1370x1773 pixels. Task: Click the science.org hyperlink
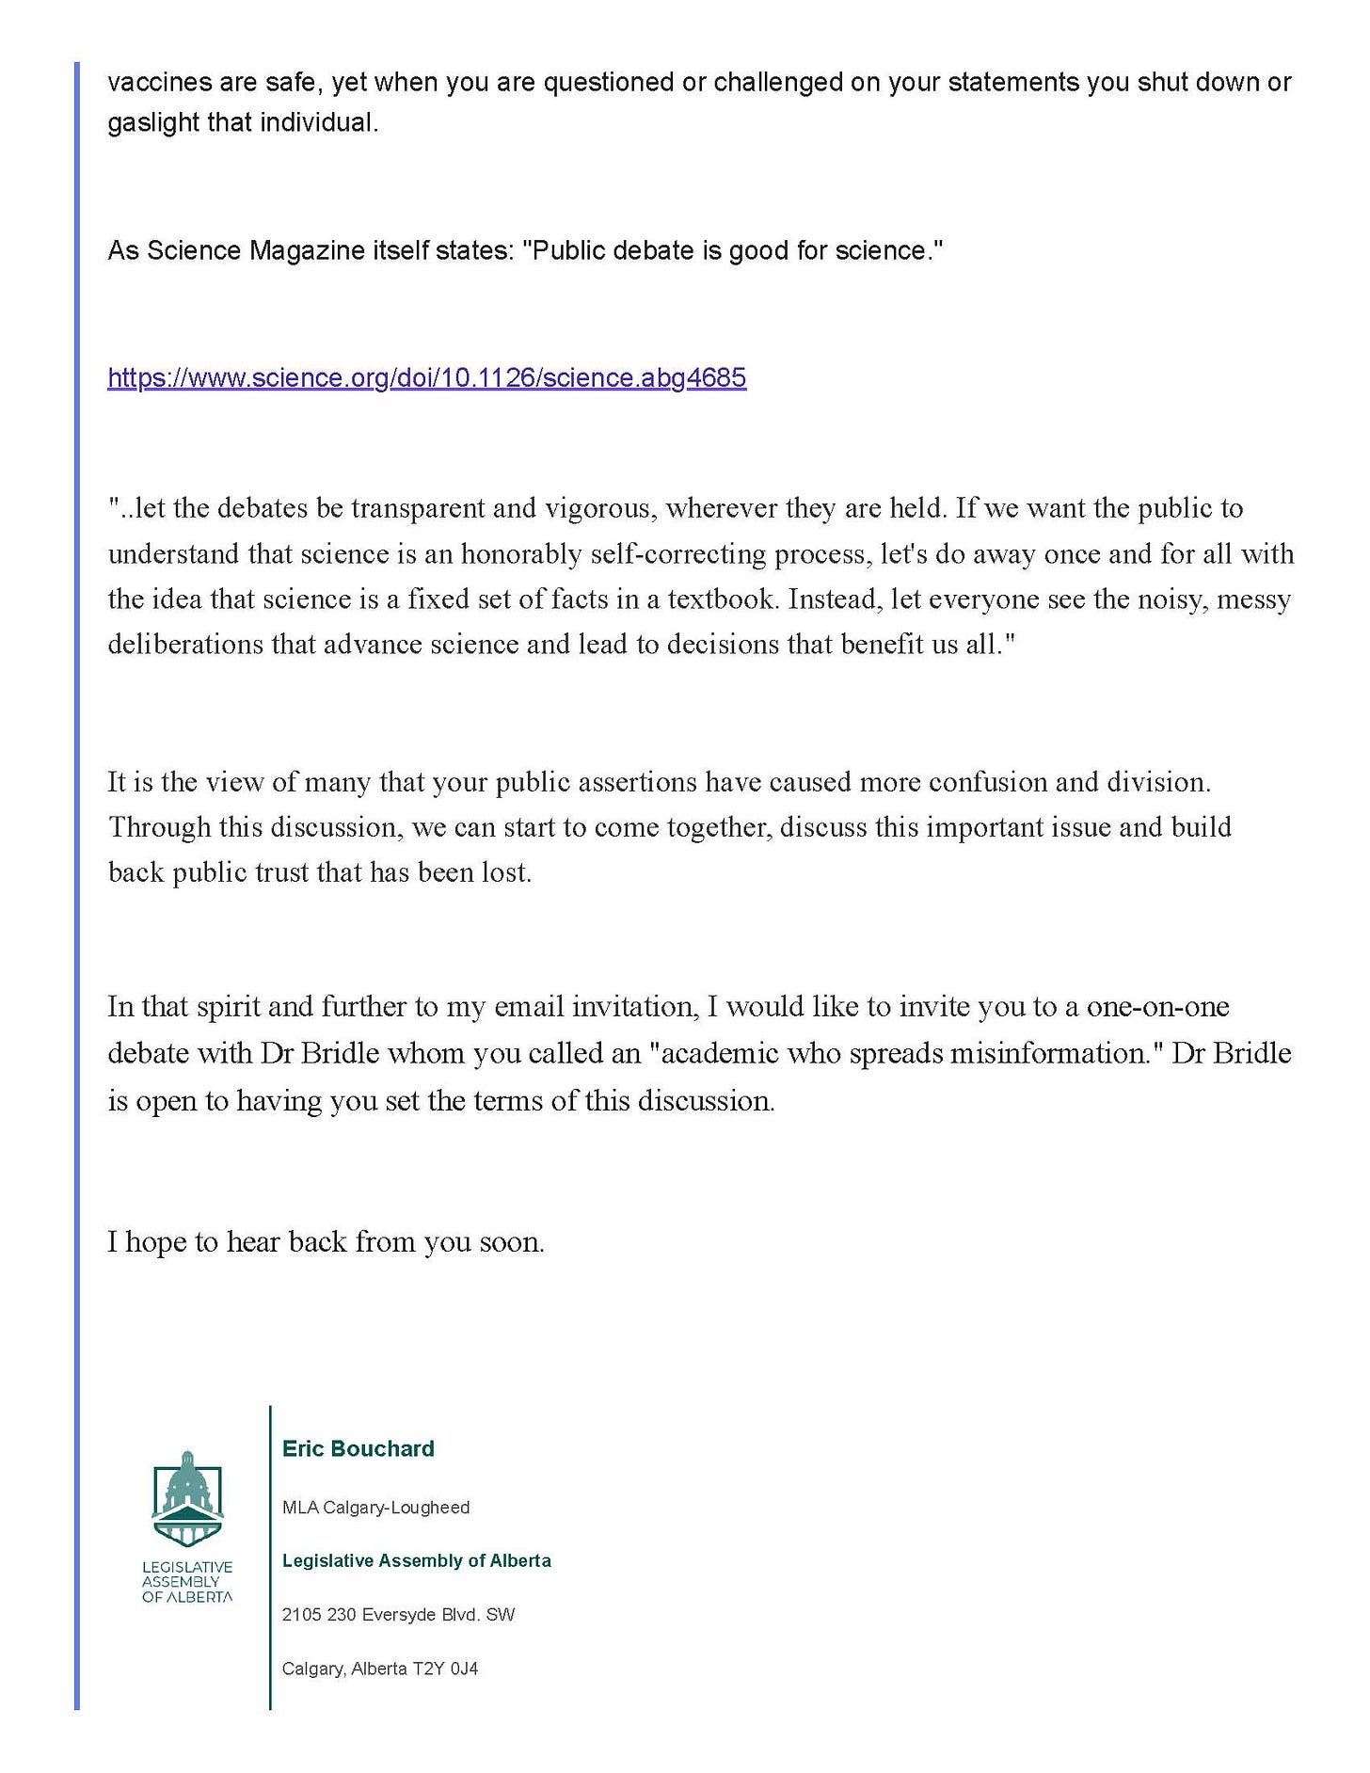pyautogui.click(x=426, y=378)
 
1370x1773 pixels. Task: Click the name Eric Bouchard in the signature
pyautogui.click(x=358, y=1448)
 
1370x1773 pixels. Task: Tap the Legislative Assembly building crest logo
pyautogui.click(x=187, y=1500)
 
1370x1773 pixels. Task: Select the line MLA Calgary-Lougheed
pyautogui.click(x=375, y=1508)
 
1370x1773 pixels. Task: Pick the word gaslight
pyautogui.click(x=152, y=123)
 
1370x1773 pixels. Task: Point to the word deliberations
pyautogui.click(x=185, y=644)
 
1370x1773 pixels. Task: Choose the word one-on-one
pyautogui.click(x=1157, y=1006)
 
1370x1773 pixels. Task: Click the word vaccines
pyautogui.click(x=159, y=82)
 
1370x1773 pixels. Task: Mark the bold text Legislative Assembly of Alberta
pyautogui.click(x=416, y=1560)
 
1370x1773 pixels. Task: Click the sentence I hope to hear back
pyautogui.click(x=326, y=1241)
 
